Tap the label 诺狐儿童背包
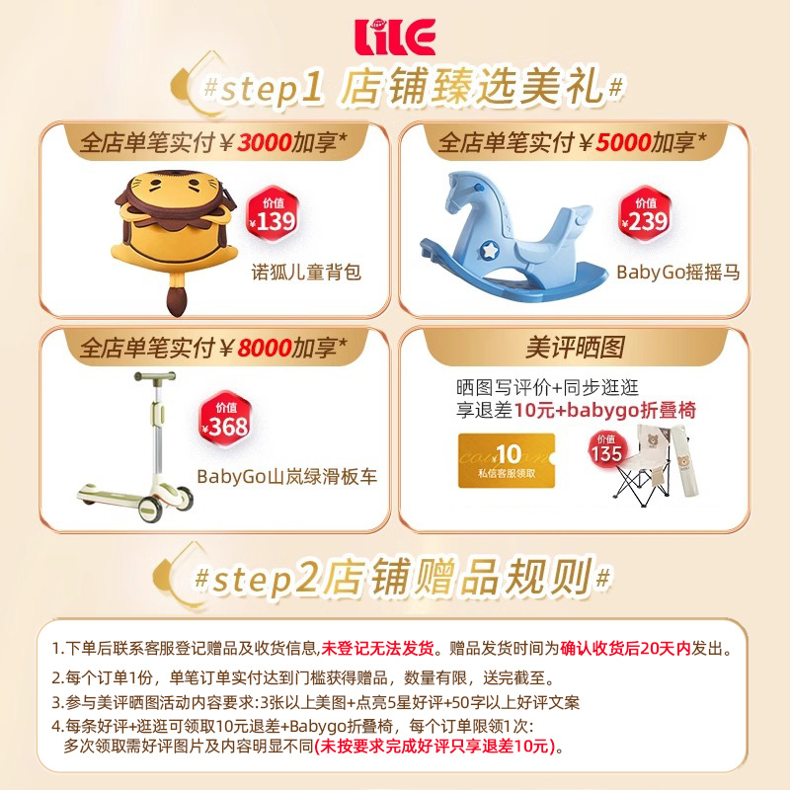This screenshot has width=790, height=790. (306, 272)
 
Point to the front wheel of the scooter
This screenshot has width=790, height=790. (149, 511)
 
